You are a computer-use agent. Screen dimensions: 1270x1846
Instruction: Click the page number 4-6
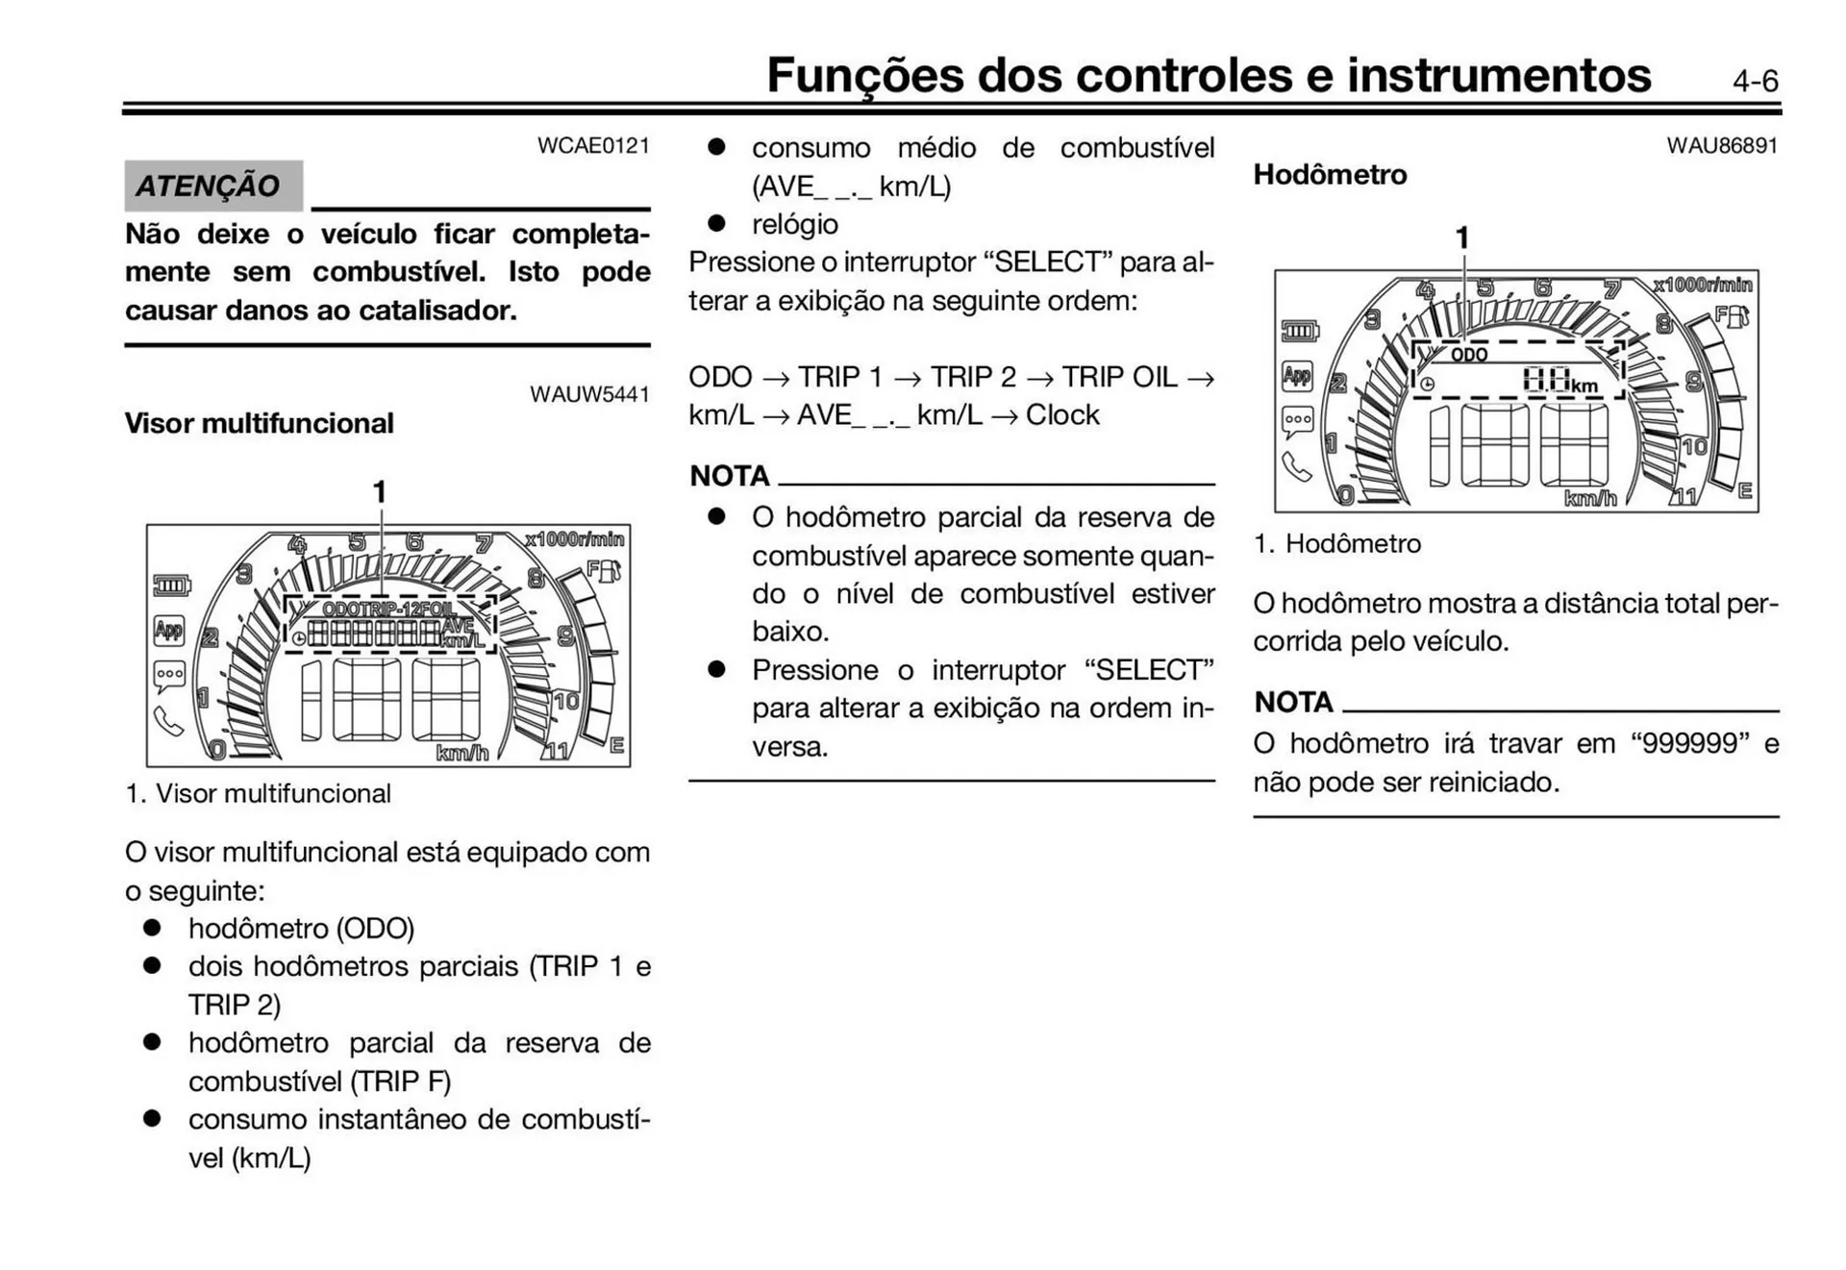(1755, 81)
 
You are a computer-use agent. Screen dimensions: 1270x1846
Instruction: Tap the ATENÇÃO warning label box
(212, 186)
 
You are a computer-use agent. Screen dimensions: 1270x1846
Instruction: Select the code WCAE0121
(593, 145)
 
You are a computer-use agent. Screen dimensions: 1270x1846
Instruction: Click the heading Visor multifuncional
(259, 423)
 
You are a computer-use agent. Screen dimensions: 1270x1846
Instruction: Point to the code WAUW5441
(589, 394)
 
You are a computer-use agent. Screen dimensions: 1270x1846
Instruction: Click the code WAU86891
(1722, 145)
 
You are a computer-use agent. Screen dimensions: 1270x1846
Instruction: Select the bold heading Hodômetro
(1330, 174)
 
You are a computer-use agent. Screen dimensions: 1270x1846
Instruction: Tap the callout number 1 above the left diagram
(380, 492)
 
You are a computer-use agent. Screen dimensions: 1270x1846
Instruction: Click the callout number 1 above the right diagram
(1462, 237)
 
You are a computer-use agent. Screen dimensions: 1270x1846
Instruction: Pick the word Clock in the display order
(1062, 414)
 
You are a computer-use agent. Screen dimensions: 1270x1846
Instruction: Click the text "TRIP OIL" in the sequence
(1119, 377)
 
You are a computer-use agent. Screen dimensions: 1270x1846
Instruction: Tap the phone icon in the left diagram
(168, 721)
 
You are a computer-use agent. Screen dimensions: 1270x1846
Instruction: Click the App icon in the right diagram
(1297, 375)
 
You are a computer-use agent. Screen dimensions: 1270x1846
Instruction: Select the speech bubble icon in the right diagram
(1297, 421)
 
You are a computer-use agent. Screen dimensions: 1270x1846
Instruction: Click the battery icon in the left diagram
(171, 585)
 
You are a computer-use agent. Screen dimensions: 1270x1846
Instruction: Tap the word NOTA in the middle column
(730, 476)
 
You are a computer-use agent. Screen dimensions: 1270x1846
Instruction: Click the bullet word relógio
(795, 224)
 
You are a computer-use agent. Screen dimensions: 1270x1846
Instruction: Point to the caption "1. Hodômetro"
(1337, 543)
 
